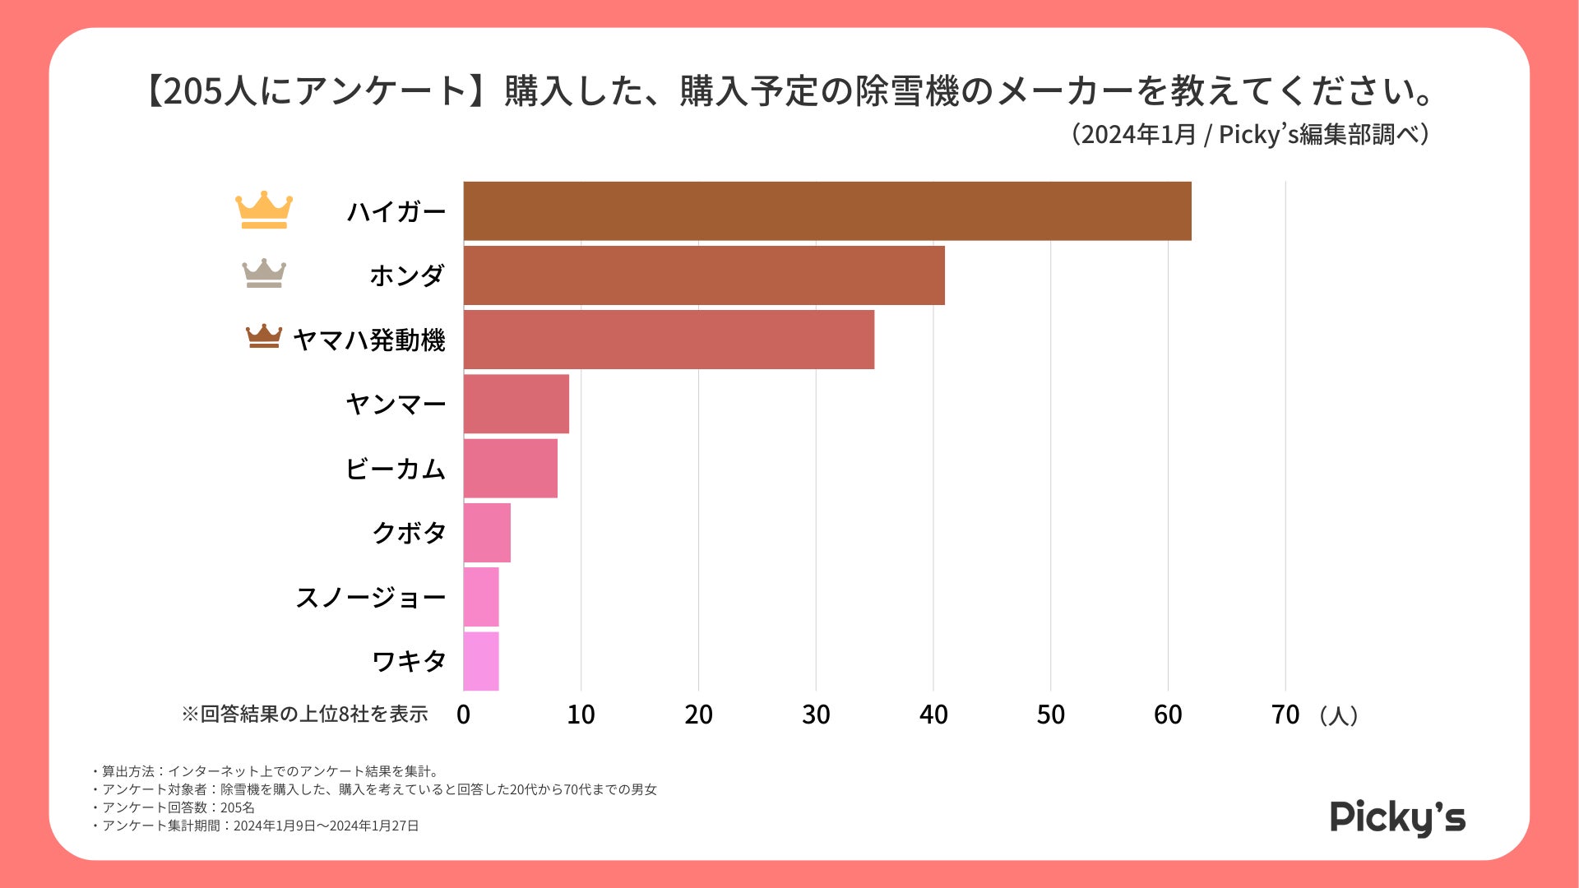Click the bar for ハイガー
[827, 211]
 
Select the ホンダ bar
[704, 275]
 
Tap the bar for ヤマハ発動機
[669, 340]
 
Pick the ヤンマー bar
[516, 404]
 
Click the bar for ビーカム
[511, 468]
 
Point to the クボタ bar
[487, 533]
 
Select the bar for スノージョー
[481, 597]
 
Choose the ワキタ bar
[481, 661]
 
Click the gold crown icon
[264, 210]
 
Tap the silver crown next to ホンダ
[264, 274]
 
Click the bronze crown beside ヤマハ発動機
[264, 336]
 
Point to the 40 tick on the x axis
[933, 715]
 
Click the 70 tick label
[1285, 715]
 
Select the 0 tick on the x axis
[464, 715]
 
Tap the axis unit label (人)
[1338, 715]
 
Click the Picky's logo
[1397, 817]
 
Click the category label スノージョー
[370, 597]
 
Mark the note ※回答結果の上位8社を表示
[305, 714]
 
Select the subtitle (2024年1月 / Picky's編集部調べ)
[1250, 134]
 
